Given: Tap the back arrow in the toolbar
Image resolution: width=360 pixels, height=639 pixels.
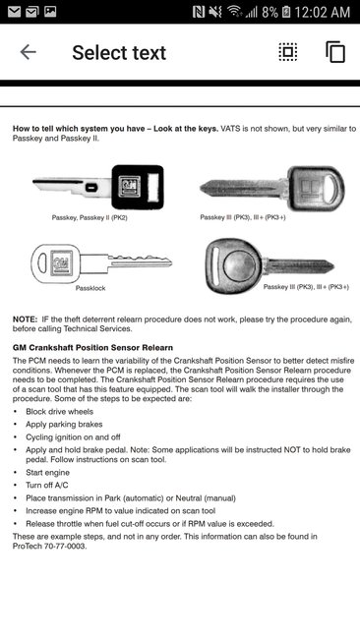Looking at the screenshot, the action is [28, 52].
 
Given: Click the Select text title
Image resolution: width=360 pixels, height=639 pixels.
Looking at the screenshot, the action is [119, 52].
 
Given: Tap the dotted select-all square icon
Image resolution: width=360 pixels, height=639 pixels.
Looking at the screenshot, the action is [287, 52].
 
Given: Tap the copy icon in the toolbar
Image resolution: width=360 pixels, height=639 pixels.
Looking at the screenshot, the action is [335, 52].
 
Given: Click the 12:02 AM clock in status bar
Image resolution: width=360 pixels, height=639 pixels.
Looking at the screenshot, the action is [322, 12].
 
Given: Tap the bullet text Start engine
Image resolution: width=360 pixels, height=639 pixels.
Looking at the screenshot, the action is [51, 472].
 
